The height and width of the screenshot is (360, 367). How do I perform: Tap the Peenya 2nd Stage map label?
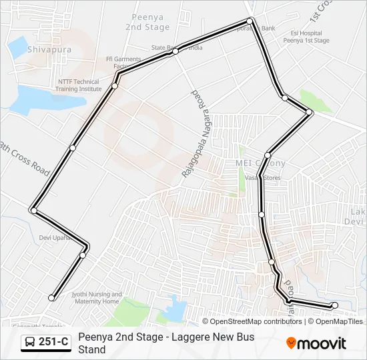click(x=148, y=22)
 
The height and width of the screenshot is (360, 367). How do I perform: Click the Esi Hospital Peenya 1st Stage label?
click(x=306, y=37)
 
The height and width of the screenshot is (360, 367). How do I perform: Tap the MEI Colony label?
click(x=260, y=163)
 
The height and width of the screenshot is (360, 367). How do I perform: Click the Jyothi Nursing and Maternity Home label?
click(x=97, y=298)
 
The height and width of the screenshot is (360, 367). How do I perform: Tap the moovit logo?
click(x=316, y=343)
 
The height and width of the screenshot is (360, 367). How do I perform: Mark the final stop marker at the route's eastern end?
click(x=334, y=305)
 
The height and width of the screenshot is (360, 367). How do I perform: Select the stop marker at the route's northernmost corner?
click(x=251, y=21)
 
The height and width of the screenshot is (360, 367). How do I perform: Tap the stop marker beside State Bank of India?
click(x=175, y=51)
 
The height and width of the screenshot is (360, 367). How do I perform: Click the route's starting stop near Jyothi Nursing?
click(x=51, y=297)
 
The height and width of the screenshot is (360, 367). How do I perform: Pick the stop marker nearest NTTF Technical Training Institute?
click(x=115, y=85)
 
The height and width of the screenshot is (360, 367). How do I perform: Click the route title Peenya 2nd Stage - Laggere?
click(x=166, y=343)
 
